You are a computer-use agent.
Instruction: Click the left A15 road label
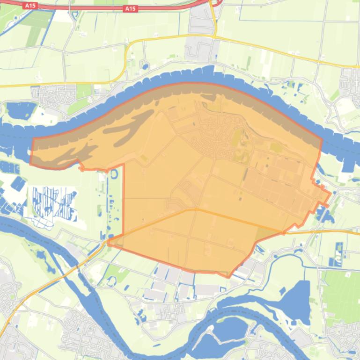pos(30,5)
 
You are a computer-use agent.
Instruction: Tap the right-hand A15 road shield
pos(130,8)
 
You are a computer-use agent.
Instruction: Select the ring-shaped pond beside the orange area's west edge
pos(114,174)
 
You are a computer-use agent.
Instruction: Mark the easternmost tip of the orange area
pos(331,193)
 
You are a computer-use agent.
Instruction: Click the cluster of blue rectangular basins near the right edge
pos(340,254)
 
